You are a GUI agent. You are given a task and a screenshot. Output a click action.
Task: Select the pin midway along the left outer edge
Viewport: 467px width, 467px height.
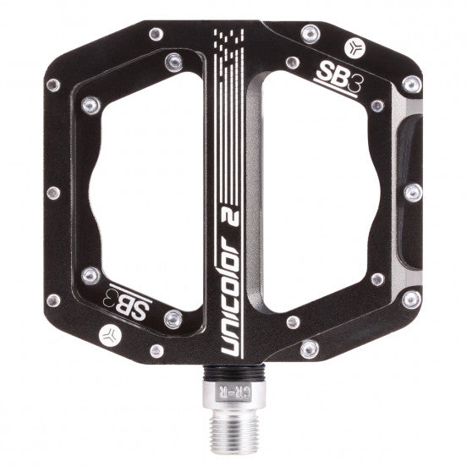tap(52, 192)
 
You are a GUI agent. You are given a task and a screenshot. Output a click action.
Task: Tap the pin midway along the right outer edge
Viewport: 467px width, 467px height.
tap(414, 192)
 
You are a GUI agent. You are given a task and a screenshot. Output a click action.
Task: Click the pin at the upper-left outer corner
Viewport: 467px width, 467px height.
tap(52, 85)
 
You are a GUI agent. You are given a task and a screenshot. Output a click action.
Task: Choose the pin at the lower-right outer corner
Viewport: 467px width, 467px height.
tap(412, 299)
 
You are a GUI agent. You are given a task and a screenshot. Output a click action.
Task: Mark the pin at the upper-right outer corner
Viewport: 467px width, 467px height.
tap(412, 84)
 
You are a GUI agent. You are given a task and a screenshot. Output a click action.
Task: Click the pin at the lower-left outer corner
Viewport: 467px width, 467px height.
tap(53, 299)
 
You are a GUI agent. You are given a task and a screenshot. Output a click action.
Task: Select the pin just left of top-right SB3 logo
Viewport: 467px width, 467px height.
tap(292, 63)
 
